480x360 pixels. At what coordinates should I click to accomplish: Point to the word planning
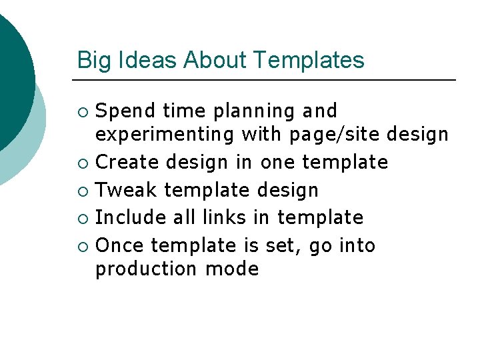point(246,111)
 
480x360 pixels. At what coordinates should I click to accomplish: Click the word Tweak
point(127,190)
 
